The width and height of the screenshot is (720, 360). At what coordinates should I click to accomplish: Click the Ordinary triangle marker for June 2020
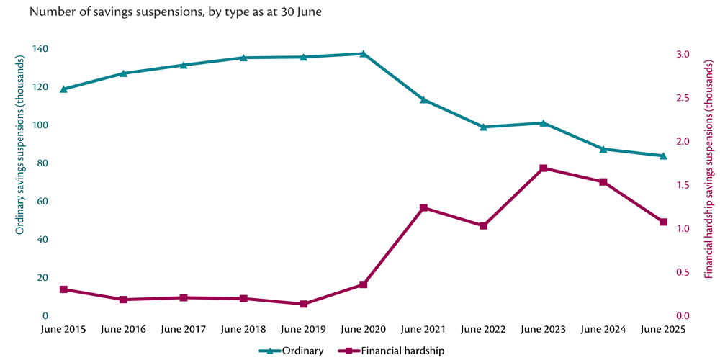[x=363, y=53]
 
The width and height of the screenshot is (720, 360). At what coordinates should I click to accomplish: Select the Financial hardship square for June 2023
[x=544, y=168]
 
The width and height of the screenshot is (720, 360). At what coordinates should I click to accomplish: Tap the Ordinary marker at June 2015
[x=63, y=89]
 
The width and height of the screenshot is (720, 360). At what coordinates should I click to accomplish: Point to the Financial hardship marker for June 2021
[x=423, y=208]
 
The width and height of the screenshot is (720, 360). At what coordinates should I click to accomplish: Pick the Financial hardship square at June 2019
[x=303, y=304]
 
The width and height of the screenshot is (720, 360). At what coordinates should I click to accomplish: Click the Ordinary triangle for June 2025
[x=663, y=156]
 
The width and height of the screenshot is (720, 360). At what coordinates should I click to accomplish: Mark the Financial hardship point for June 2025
[x=663, y=222]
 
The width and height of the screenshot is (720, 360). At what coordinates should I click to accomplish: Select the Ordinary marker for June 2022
[x=483, y=127]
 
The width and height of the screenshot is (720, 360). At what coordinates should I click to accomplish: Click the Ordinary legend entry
[x=291, y=351]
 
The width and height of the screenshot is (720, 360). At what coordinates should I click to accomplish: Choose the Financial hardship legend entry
[x=392, y=351]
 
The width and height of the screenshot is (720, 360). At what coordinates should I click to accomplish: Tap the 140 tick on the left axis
[x=40, y=49]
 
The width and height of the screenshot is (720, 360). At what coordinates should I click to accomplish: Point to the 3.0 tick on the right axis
[x=683, y=55]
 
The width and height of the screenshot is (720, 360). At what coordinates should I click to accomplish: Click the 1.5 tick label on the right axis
[x=683, y=185]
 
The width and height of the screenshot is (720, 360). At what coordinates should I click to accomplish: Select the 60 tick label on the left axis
[x=42, y=201]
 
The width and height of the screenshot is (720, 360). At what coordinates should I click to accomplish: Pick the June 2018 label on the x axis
[x=243, y=329]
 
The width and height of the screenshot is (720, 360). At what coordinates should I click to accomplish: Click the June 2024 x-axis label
[x=603, y=329]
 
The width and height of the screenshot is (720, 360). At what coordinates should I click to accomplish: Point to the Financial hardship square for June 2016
[x=123, y=300]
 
